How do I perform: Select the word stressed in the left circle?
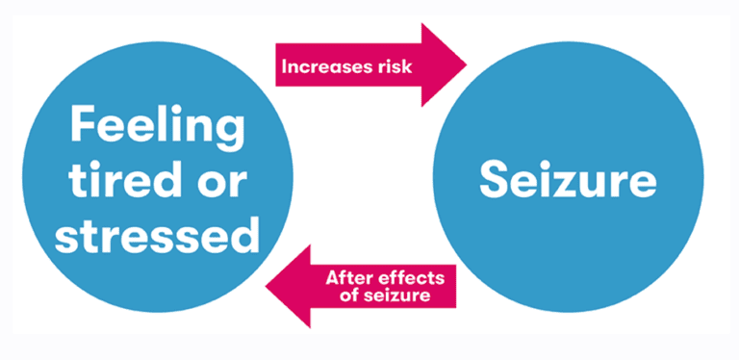click(157, 233)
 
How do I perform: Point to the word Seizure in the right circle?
click(569, 179)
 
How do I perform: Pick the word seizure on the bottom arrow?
click(399, 296)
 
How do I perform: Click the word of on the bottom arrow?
click(350, 296)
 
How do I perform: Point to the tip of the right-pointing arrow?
click(466, 65)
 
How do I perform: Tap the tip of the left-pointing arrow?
click(267, 287)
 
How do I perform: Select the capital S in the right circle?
click(495, 179)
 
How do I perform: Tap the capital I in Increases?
click(284, 67)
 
